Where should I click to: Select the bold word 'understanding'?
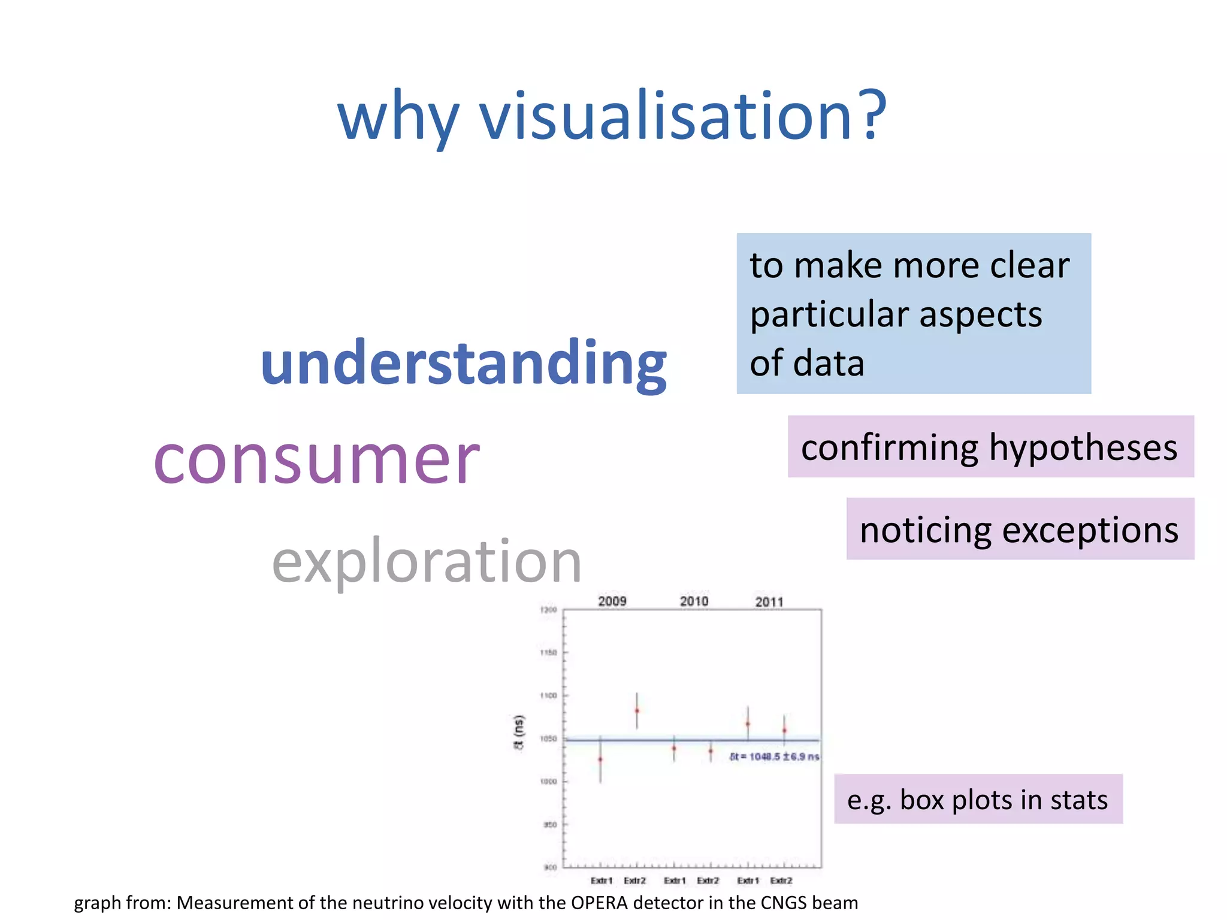pyautogui.click(x=464, y=362)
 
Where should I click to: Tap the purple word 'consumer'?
pyautogui.click(x=316, y=460)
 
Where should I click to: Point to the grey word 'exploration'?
pyautogui.click(x=427, y=561)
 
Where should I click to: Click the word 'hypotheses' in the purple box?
pyautogui.click(x=1083, y=447)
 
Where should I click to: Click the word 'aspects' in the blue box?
pyautogui.click(x=981, y=314)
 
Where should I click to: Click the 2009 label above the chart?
pyautogui.click(x=612, y=601)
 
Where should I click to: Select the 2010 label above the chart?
pyautogui.click(x=694, y=601)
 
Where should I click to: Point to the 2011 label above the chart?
pyautogui.click(x=769, y=601)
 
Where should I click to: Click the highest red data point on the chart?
pyautogui.click(x=637, y=711)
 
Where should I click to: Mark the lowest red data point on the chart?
pyautogui.click(x=600, y=759)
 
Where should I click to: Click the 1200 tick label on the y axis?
pyautogui.click(x=549, y=610)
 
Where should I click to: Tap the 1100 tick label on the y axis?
pyautogui.click(x=549, y=695)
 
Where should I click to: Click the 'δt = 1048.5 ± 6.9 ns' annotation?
pyautogui.click(x=774, y=756)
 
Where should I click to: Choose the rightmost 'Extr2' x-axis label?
pyautogui.click(x=781, y=880)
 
